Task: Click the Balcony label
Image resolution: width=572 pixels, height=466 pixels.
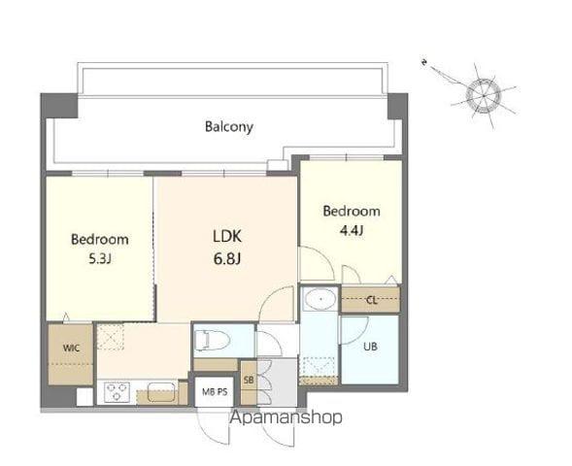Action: click(x=229, y=127)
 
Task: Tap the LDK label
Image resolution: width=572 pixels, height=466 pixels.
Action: click(x=227, y=237)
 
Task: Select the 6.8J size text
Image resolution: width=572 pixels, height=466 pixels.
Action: click(x=226, y=259)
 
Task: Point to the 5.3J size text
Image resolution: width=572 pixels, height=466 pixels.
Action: click(x=100, y=258)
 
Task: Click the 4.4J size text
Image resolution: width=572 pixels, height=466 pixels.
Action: click(x=352, y=231)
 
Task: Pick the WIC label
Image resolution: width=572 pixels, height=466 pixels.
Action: click(x=71, y=348)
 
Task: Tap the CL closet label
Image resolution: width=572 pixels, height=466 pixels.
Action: click(x=372, y=300)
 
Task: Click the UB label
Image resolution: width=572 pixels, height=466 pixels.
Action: click(x=370, y=347)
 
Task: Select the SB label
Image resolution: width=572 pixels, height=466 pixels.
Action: click(x=249, y=380)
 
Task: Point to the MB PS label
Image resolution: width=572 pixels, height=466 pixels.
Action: click(x=215, y=392)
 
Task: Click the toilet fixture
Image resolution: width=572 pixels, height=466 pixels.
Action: click(x=212, y=341)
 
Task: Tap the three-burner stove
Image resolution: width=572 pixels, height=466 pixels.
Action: click(x=117, y=392)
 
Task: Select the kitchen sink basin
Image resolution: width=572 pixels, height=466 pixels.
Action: click(x=161, y=392)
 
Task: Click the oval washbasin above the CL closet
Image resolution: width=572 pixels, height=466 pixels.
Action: click(x=320, y=299)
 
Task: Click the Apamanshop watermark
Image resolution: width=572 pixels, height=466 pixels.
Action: click(x=286, y=417)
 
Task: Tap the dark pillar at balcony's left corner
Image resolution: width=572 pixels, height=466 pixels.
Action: click(x=59, y=106)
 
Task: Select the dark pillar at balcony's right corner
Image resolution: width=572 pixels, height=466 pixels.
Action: click(x=397, y=106)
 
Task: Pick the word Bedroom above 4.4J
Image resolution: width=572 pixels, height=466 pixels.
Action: click(x=352, y=211)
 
